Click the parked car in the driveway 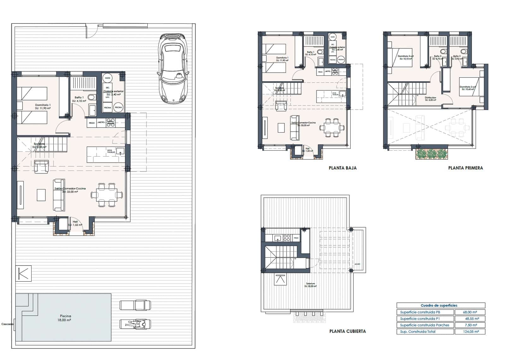173,69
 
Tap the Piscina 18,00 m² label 65,318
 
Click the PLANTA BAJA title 342,168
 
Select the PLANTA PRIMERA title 465,168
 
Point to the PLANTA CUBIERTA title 347,331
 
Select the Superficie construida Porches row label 425,325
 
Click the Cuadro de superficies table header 441,305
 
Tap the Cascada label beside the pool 7,324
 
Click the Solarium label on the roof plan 310,284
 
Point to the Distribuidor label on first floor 430,98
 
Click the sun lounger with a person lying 135,324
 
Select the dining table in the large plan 107,195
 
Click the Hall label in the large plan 75,222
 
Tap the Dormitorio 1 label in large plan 43,105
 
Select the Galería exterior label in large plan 113,91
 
